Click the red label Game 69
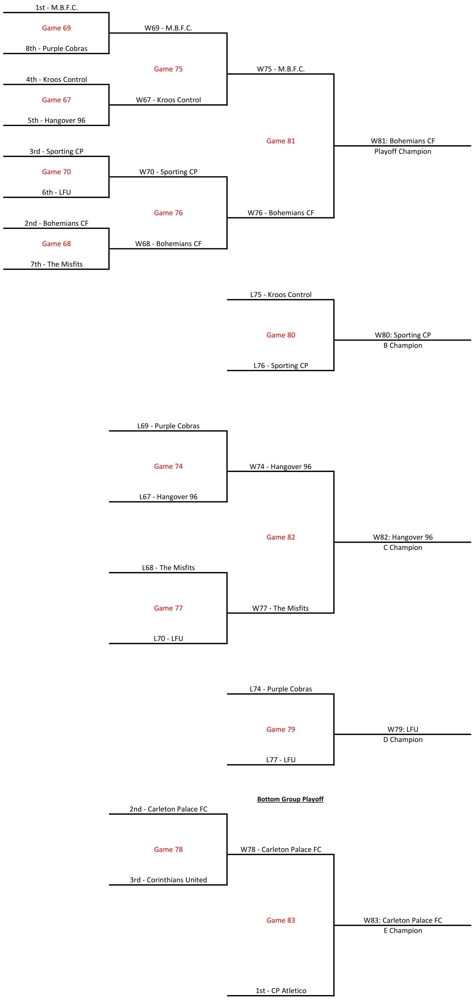click(x=56, y=28)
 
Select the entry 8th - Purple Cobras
click(x=56, y=48)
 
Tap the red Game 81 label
click(x=281, y=141)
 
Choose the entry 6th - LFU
click(x=56, y=192)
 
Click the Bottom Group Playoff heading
click(x=290, y=799)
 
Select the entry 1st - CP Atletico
click(x=281, y=990)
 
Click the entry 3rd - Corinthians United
click(x=168, y=879)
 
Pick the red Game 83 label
click(x=281, y=920)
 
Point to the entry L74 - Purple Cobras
click(x=281, y=689)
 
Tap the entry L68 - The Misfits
click(x=168, y=567)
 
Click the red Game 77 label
click(x=168, y=608)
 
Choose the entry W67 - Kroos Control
click(x=168, y=100)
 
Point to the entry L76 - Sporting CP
click(x=281, y=365)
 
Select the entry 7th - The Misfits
click(x=56, y=264)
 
